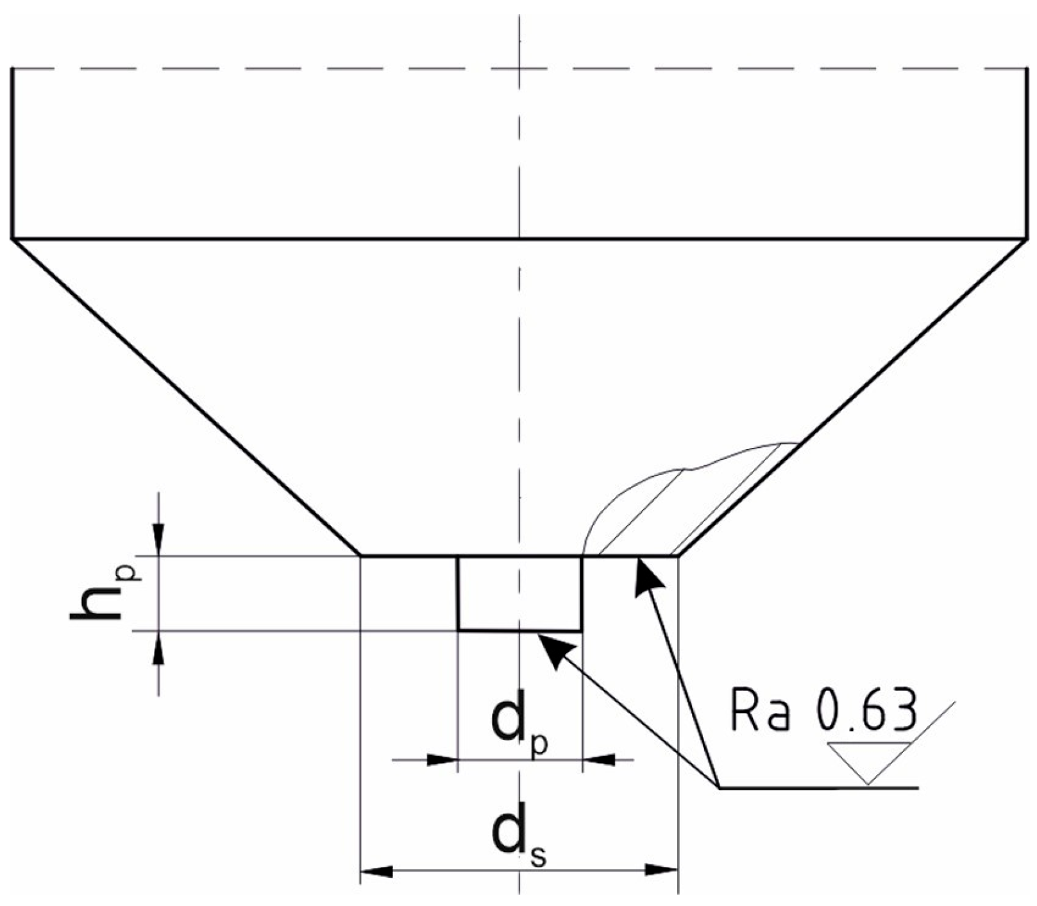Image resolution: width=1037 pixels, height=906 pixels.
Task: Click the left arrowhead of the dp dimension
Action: (442, 760)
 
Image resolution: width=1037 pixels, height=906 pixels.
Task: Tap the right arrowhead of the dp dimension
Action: (599, 760)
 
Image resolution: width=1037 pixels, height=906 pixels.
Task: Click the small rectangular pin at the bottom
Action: (519, 594)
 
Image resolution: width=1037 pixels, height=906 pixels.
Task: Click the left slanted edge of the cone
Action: (186, 398)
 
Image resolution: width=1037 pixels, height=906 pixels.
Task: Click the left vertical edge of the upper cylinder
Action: (12, 154)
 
